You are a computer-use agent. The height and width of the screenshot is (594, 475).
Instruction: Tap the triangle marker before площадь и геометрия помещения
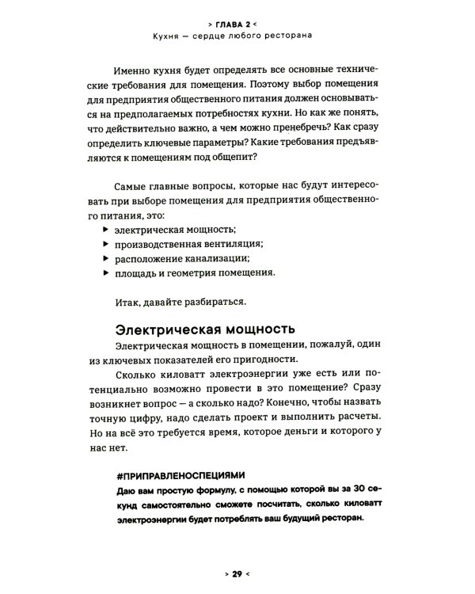106,273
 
